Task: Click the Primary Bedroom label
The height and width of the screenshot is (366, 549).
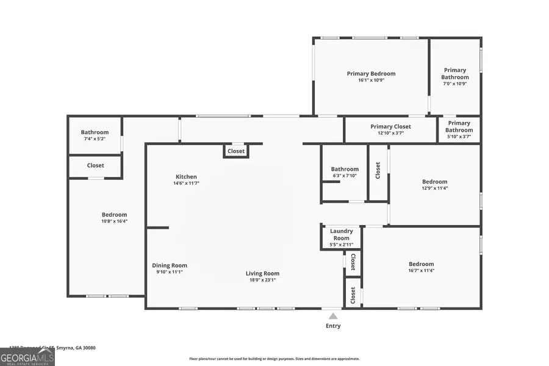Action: [x=371, y=74]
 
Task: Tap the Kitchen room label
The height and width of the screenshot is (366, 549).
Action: [x=186, y=176]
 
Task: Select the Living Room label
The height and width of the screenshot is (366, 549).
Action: [x=262, y=273]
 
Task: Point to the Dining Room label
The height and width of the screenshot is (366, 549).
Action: [x=170, y=265]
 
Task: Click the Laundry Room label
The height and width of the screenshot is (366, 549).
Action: [x=341, y=234]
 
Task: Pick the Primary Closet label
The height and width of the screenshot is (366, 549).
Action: [x=390, y=126]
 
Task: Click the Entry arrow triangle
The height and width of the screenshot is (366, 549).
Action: [x=333, y=316]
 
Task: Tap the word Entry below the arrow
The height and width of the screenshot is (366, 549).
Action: [x=333, y=326]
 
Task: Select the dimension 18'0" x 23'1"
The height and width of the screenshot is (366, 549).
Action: [x=262, y=280]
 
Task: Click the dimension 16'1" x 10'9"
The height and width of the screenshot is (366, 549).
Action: [x=371, y=80]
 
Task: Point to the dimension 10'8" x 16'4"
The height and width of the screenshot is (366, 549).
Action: [x=114, y=221]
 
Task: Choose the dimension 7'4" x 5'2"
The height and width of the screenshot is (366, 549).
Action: [x=95, y=139]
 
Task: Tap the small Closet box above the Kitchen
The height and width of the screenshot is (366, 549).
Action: [x=236, y=151]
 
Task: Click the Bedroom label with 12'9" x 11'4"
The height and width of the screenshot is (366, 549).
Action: [x=434, y=181]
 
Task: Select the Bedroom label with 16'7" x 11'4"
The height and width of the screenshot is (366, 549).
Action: [x=421, y=264]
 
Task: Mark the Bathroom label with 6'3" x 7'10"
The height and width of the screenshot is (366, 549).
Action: [x=345, y=169]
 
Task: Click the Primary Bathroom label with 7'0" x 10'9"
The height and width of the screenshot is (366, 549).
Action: [x=455, y=73]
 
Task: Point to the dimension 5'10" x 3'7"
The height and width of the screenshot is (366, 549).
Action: [x=459, y=137]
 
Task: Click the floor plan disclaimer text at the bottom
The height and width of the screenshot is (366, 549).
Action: [x=274, y=359]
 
